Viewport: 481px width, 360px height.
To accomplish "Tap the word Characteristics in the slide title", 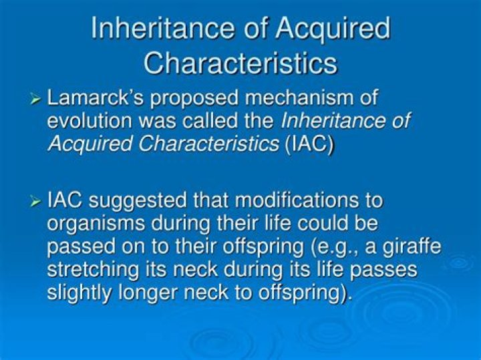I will click(x=240, y=63).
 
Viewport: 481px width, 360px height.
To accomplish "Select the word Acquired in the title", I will click(x=333, y=29).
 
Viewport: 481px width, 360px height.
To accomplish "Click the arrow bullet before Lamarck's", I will click(x=36, y=99).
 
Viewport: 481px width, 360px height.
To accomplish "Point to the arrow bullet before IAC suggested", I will click(x=36, y=200).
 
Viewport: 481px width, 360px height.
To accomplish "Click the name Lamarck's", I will click(x=97, y=98).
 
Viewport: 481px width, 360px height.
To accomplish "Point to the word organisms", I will click(x=98, y=223).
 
